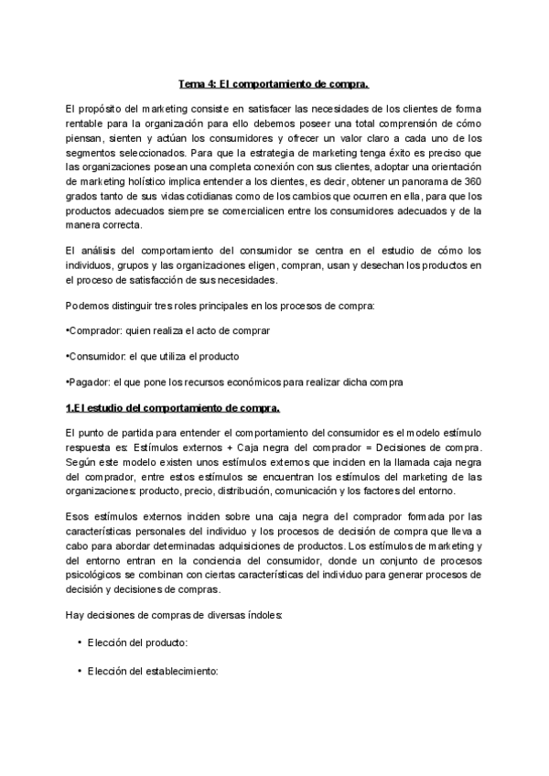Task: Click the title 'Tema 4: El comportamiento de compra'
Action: tap(273, 85)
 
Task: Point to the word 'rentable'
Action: tap(90, 124)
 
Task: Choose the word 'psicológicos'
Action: tap(99, 577)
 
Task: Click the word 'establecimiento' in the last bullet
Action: tap(177, 671)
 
